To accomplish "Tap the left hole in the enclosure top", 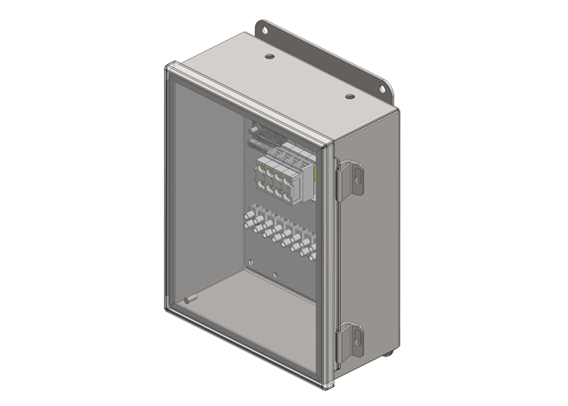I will pyautogui.click(x=268, y=58).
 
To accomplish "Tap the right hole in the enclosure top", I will pyautogui.click(x=349, y=97).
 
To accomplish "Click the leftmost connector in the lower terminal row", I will pyautogui.click(x=247, y=216).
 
